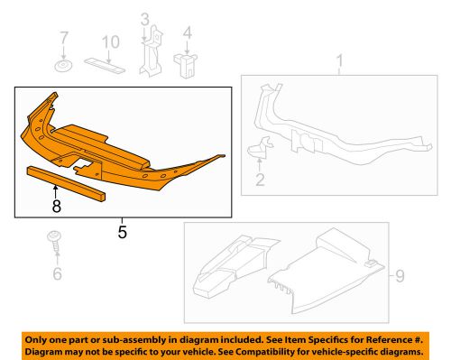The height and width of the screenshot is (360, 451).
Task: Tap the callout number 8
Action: [56, 206]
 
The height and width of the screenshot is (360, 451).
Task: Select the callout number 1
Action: [340, 61]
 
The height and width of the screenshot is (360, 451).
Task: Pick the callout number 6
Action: [57, 272]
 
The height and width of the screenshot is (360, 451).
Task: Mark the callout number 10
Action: [109, 42]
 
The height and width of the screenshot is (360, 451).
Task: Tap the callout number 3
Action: [145, 19]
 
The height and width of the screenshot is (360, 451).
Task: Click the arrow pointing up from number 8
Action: [56, 189]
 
